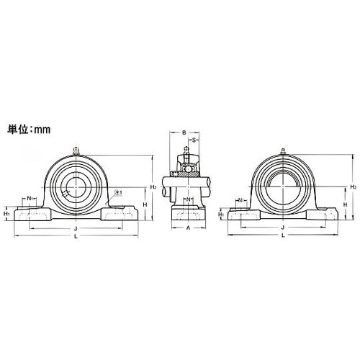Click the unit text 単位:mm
(x=32, y=132)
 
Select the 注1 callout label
(x=118, y=193)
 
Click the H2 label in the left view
(x=153, y=187)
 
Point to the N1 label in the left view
(x=30, y=198)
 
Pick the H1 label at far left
(x=6, y=214)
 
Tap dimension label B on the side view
(x=184, y=132)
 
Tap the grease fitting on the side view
(x=185, y=150)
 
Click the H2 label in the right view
(x=353, y=186)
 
